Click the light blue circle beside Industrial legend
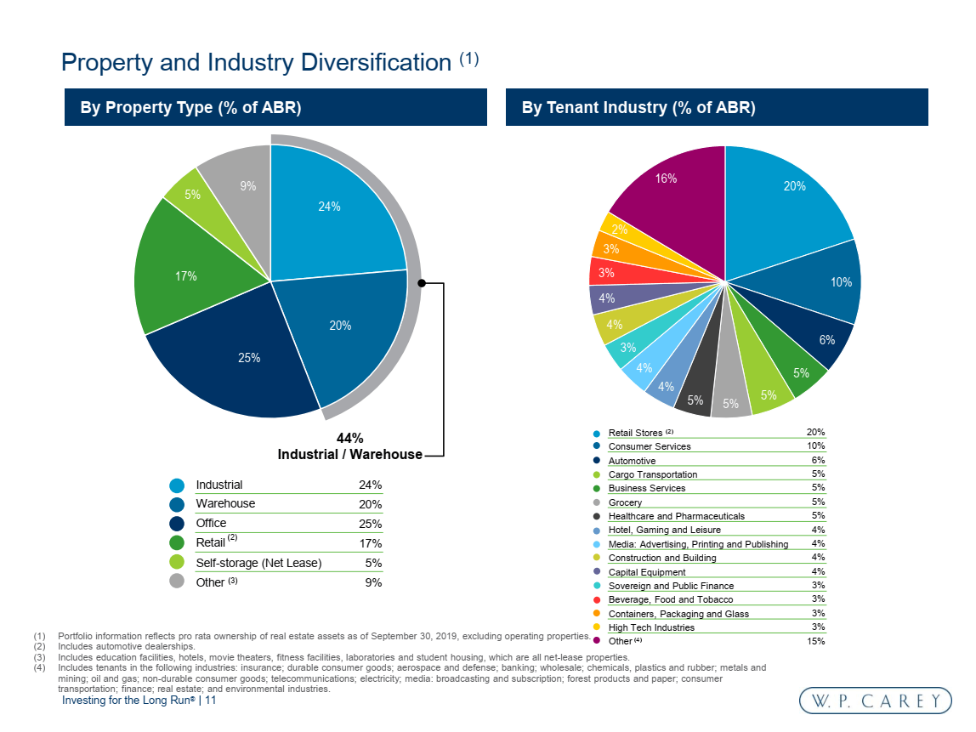point(177,485)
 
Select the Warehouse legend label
point(225,503)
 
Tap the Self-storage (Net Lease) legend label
point(258,563)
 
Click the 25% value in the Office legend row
point(371,524)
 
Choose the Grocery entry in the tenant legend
point(625,502)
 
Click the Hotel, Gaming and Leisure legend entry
point(664,530)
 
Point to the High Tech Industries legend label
point(651,627)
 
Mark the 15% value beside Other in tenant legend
point(815,641)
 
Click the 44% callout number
point(349,439)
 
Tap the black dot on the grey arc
point(422,283)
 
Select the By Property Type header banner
point(275,108)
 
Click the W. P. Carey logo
point(875,701)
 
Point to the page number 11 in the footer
point(211,701)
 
